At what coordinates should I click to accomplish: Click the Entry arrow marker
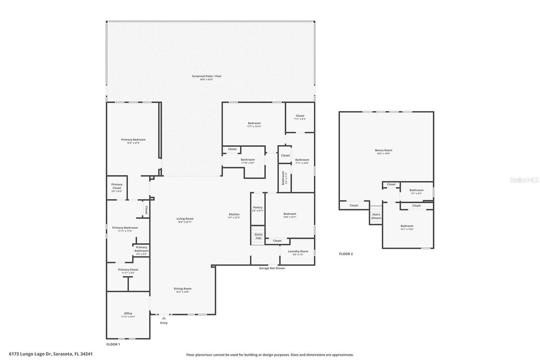click(x=164, y=318)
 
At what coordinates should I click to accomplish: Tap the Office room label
click(x=128, y=314)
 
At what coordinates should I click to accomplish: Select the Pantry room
click(x=258, y=208)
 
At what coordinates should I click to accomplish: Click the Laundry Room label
click(x=298, y=251)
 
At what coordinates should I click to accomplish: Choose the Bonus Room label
click(x=383, y=150)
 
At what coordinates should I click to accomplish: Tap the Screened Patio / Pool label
click(x=206, y=76)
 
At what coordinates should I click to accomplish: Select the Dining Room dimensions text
click(x=183, y=292)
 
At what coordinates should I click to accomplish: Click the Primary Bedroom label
click(x=133, y=140)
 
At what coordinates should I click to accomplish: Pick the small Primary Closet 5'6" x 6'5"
click(x=117, y=187)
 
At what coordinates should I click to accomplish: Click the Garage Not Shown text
click(x=272, y=268)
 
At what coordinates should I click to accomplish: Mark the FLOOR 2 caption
click(x=346, y=254)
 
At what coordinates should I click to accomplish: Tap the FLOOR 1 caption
click(x=113, y=344)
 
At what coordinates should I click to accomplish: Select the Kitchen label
click(x=234, y=214)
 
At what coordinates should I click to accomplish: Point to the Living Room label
click(x=185, y=219)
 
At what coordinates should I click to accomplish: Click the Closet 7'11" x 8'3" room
click(x=300, y=117)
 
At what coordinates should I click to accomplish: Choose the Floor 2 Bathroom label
click(x=416, y=190)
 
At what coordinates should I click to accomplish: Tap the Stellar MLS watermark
click(x=524, y=180)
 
